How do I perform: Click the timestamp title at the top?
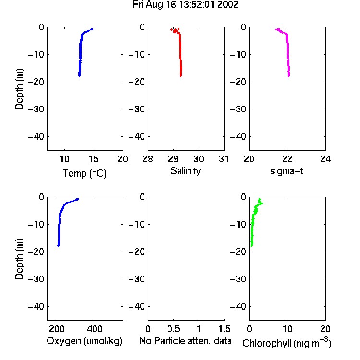[185, 5]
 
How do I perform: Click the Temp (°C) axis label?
[84, 173]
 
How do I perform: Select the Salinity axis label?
[185, 171]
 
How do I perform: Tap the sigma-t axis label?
[287, 171]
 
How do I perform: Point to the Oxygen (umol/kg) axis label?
[84, 341]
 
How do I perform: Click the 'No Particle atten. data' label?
[185, 341]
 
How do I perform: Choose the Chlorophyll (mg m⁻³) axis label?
[287, 342]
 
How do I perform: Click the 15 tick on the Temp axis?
[94, 159]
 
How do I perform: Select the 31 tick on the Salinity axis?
[224, 159]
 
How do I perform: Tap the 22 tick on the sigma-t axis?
[287, 159]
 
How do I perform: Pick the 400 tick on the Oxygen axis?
[95, 329]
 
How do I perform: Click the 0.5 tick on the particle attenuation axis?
[173, 329]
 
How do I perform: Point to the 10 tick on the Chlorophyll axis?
[287, 329]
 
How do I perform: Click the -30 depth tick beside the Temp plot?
[36, 109]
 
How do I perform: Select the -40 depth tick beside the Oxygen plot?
[36, 306]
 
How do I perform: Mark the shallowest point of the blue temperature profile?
[92, 29]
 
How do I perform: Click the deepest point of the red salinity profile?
[180, 75]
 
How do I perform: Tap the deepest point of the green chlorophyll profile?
[252, 246]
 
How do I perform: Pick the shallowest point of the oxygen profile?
[78, 199]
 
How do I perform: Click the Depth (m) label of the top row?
[19, 89]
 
